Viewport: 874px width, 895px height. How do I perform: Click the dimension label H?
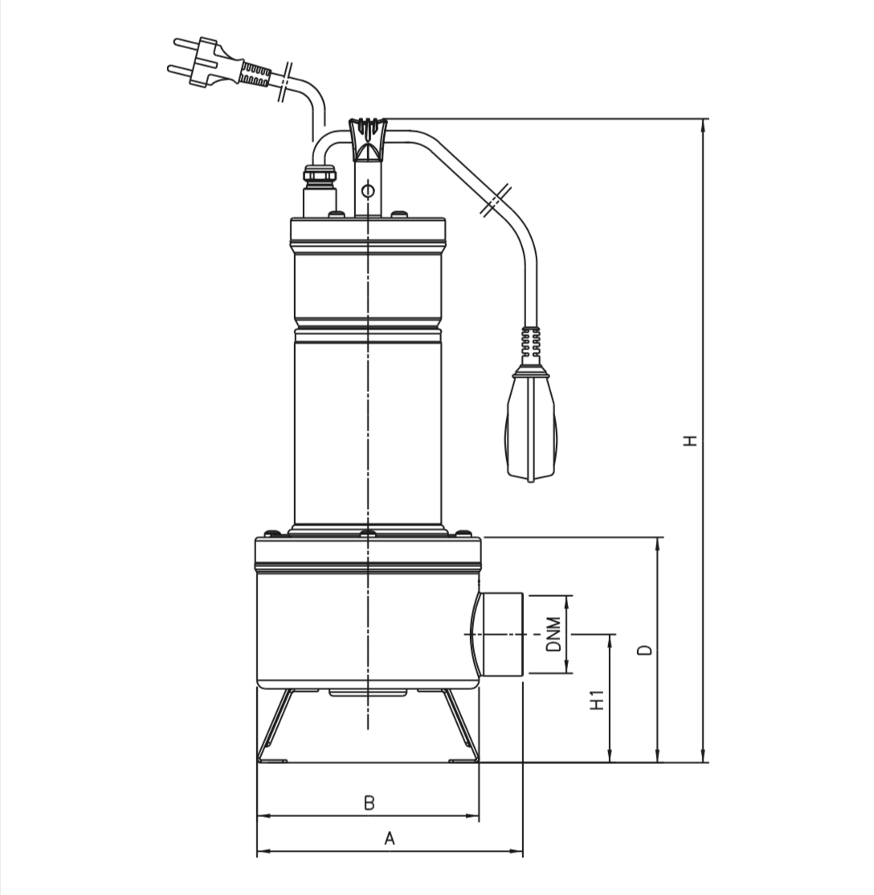click(x=692, y=440)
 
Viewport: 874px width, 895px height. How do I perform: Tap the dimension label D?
click(x=646, y=650)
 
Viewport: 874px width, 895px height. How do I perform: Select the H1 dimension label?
click(x=597, y=701)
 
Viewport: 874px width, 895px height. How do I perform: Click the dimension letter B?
click(x=370, y=803)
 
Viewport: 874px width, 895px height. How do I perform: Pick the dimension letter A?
click(x=390, y=839)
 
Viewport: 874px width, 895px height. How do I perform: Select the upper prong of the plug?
click(x=188, y=43)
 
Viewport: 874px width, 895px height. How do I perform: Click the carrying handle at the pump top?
click(x=368, y=139)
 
